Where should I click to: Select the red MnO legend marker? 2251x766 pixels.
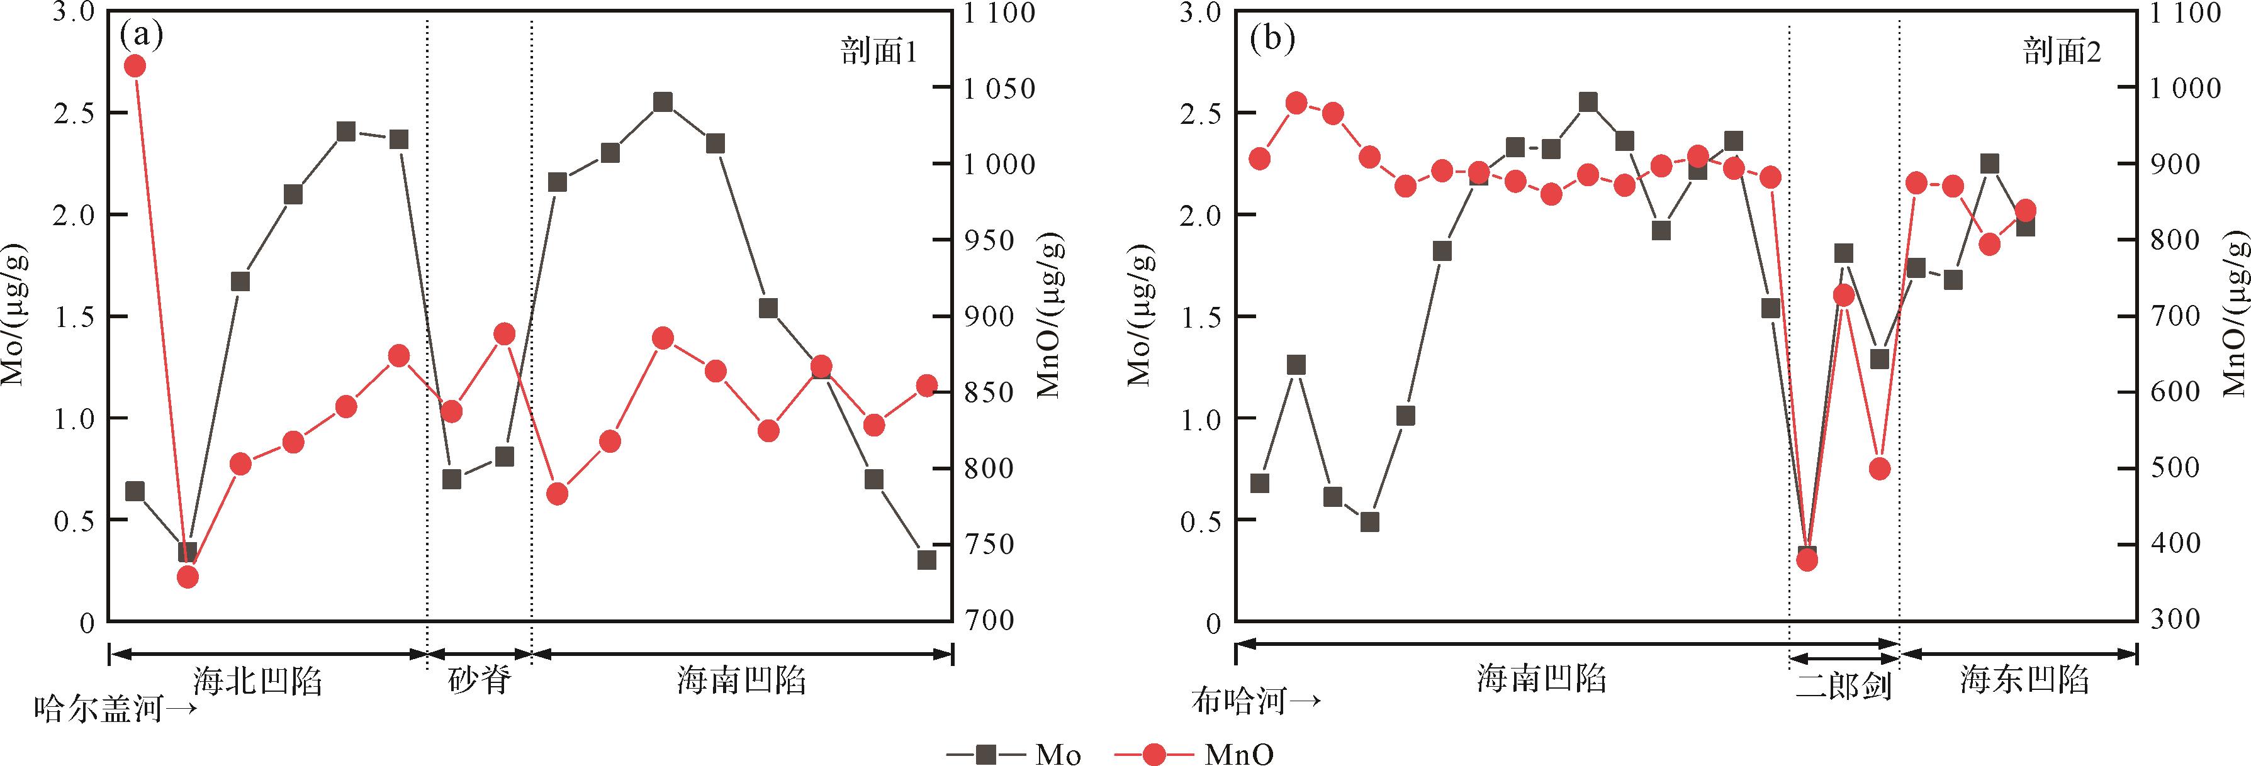click(1154, 753)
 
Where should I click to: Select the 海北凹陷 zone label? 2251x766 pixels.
click(258, 680)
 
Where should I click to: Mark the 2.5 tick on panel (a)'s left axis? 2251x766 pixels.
click(74, 114)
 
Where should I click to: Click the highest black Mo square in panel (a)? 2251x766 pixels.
click(663, 102)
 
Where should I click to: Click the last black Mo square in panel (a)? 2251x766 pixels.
click(926, 560)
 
